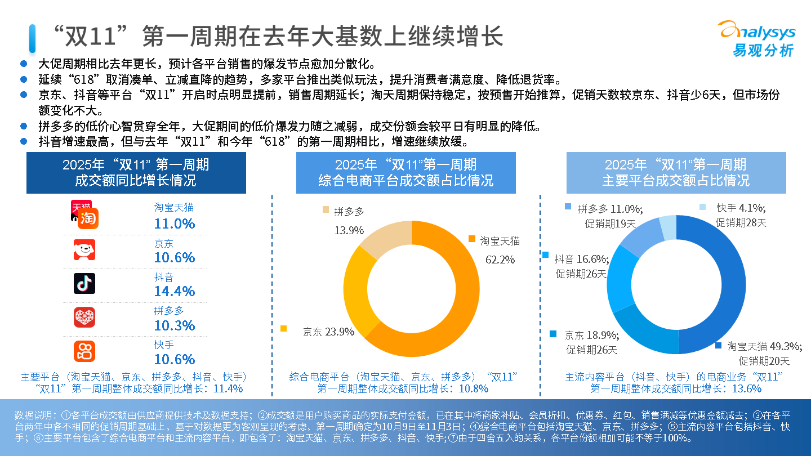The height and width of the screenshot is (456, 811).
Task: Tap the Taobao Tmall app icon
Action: pos(84,214)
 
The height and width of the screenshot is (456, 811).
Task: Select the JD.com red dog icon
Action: pos(84,249)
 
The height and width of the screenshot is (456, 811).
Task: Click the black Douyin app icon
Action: pos(84,283)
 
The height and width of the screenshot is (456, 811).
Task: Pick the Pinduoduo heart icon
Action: pos(84,317)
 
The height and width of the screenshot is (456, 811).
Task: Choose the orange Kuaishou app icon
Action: pos(84,351)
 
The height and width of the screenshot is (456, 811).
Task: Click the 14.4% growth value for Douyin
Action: pos(175,291)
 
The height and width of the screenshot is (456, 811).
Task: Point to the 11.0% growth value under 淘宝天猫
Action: pos(175,223)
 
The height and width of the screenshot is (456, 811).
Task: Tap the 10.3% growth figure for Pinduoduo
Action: pos(175,325)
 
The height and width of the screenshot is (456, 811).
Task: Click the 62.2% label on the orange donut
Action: pos(500,260)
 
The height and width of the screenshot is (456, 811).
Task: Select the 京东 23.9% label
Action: pos(328,332)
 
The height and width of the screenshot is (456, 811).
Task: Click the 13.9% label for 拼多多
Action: pos(349,230)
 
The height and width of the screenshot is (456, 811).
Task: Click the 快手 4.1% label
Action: pos(741,208)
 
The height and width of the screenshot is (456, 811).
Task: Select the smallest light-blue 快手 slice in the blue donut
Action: pos(667,227)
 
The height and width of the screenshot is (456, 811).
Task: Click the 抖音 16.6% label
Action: pos(581,259)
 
